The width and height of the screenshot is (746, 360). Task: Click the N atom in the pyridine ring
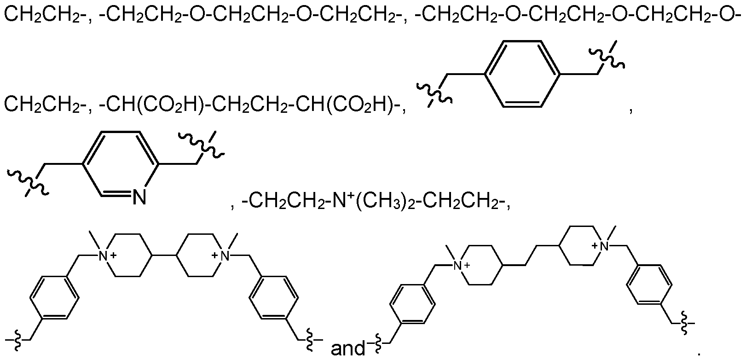[139, 197]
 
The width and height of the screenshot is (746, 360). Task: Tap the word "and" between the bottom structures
[348, 348]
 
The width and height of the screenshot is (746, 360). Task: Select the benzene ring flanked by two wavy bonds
[522, 74]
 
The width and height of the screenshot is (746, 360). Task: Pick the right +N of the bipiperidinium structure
[221, 256]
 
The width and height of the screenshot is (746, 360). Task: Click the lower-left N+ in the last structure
[461, 266]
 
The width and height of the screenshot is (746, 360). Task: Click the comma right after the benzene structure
[630, 110]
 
